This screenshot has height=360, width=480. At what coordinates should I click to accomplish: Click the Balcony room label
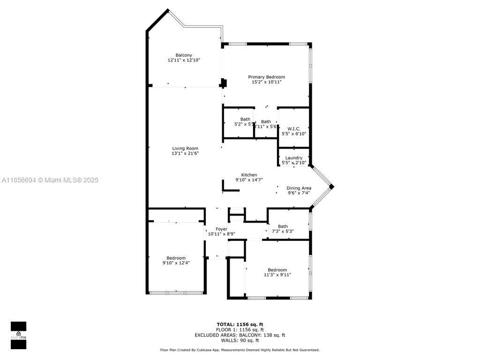184,55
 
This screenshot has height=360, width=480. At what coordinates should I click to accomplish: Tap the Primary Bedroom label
266,77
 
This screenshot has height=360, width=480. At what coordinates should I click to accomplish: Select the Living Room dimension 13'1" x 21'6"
185,153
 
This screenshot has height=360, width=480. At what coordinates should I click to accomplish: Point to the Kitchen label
249,175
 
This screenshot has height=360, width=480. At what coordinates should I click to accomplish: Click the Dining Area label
299,188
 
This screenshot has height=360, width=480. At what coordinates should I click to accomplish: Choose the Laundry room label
294,158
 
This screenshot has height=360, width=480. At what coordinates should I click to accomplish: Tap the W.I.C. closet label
294,128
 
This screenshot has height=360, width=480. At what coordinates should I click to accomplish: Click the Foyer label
221,229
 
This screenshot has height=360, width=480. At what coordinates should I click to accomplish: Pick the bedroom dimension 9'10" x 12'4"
176,263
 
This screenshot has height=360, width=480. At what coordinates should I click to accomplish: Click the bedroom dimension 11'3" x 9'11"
277,275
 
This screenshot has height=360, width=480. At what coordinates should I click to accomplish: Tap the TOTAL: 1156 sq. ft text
240,324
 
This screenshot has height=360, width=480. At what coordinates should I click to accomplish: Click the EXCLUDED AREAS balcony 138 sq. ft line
240,335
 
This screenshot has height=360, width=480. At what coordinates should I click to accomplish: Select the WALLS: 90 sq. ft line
240,340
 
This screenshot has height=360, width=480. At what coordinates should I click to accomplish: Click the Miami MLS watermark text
50,180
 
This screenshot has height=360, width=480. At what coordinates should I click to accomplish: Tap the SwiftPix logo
18,335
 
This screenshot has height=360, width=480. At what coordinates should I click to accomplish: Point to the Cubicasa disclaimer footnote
240,350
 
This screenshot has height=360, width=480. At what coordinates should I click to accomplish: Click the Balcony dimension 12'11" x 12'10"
184,60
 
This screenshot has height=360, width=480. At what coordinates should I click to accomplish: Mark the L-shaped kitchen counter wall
230,189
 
